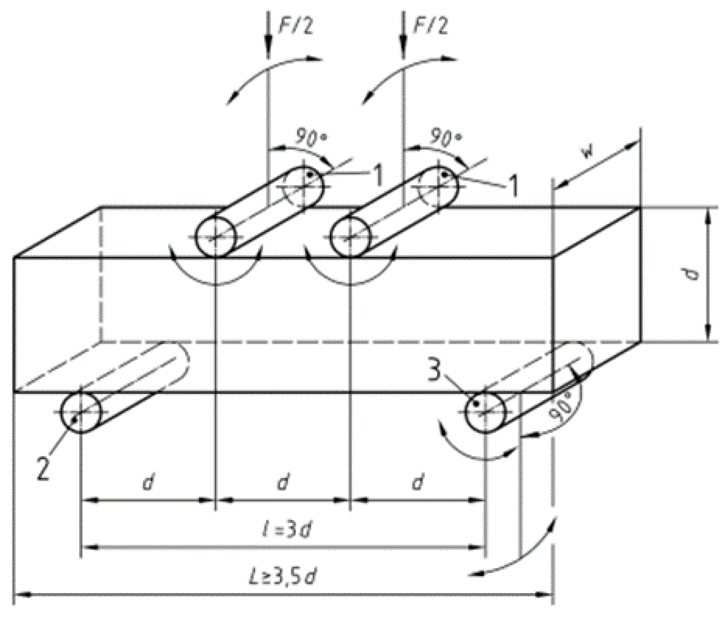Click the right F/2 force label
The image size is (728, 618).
pos(430,26)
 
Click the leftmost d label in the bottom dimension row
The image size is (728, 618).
pos(147,483)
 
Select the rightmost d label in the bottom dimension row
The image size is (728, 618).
pos(417,483)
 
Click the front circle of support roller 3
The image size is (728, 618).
pos(485,411)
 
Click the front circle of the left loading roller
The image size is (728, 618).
pos(215,237)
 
